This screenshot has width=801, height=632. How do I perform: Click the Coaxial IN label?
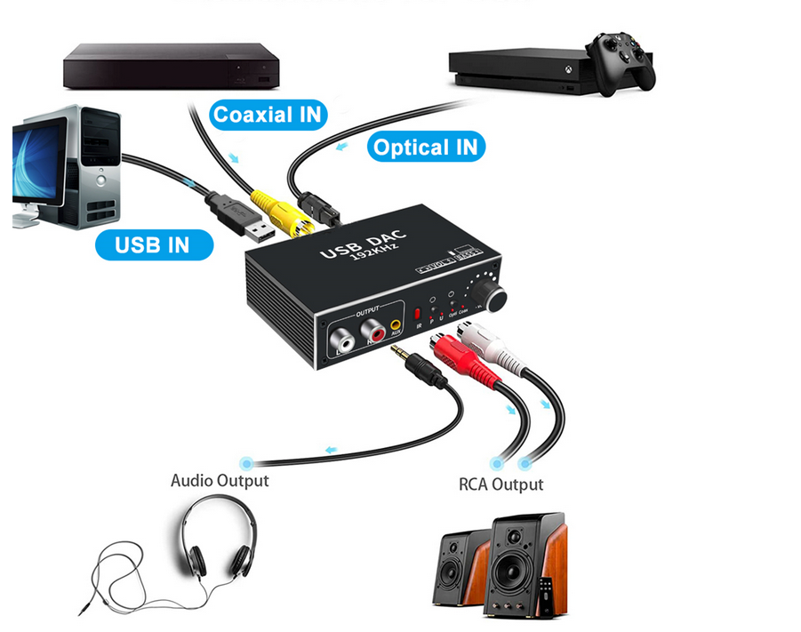pos(268,114)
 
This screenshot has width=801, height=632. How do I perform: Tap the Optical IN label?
pos(426,147)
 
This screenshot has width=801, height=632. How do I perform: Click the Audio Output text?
pos(219,481)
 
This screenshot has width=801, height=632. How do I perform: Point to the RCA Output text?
pos(501,484)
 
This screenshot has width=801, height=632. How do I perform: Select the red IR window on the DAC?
pos(417,315)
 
